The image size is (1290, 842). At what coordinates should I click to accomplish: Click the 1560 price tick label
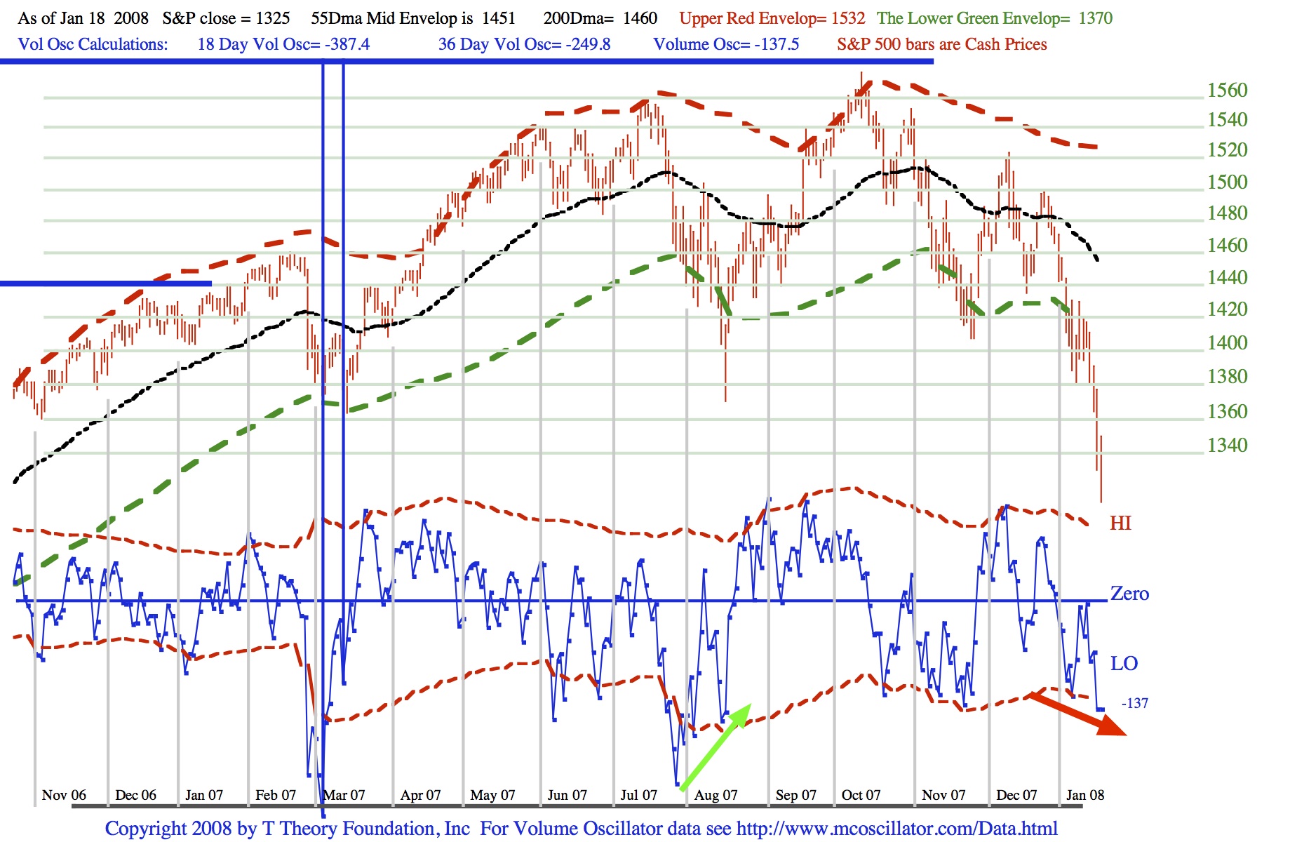(x=1227, y=90)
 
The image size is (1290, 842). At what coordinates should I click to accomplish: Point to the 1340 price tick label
(x=1227, y=445)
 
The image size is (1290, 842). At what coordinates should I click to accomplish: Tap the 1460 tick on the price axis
(x=1227, y=245)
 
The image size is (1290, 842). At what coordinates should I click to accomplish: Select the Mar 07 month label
(x=344, y=795)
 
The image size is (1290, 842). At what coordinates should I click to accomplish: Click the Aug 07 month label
(x=715, y=795)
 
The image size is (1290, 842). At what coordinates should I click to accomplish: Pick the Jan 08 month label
(x=1084, y=795)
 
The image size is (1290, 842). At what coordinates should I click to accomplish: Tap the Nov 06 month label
(x=64, y=795)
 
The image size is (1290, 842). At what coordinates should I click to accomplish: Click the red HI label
(x=1120, y=523)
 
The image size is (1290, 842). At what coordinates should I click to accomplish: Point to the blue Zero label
(x=1129, y=594)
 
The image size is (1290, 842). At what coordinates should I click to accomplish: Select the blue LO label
(x=1124, y=663)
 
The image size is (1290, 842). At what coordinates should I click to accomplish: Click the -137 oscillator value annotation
(x=1135, y=703)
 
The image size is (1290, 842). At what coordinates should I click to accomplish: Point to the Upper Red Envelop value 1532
(x=848, y=18)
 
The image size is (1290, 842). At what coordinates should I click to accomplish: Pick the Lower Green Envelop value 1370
(x=1095, y=18)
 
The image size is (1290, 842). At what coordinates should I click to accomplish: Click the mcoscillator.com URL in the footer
(x=896, y=829)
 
